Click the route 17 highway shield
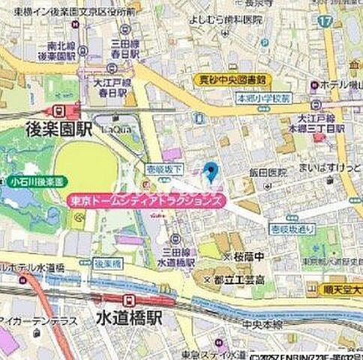click(323, 22)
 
